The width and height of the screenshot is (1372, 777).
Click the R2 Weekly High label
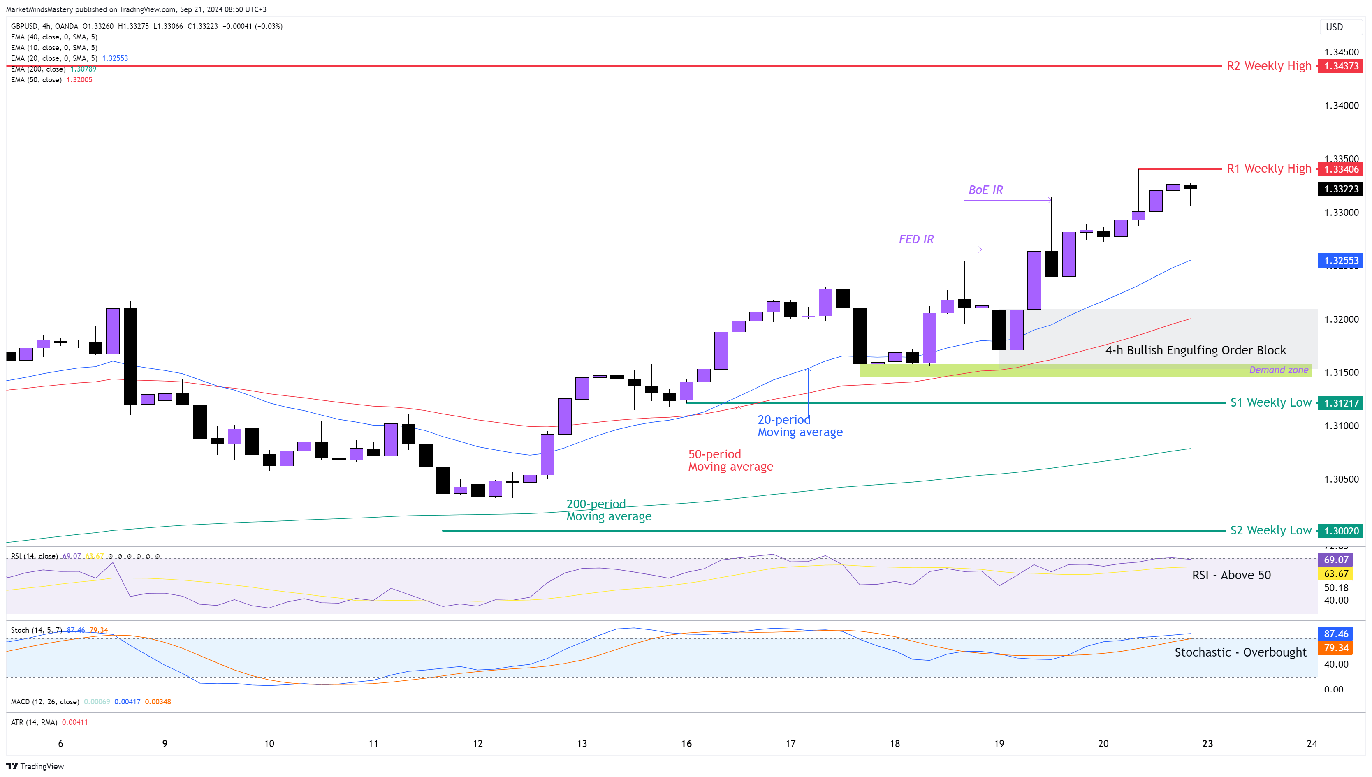1268,66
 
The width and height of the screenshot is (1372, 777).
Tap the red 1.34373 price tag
1340,66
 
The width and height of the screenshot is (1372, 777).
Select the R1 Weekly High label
1268,169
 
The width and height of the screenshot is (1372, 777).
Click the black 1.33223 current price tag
1340,189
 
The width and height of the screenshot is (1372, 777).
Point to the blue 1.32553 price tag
1340,260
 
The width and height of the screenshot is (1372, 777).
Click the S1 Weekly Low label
1270,402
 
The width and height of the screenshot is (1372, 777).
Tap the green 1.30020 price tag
1340,531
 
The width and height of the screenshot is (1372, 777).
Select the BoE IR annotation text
985,190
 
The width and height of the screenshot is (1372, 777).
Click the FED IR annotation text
916,239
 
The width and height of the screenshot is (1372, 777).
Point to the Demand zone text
1279,370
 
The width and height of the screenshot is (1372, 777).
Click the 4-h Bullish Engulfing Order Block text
1195,350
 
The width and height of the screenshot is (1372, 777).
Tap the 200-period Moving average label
609,510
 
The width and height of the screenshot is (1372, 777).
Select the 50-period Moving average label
730,460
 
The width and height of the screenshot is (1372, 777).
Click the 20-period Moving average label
800,426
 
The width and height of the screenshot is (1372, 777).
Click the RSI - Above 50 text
1231,575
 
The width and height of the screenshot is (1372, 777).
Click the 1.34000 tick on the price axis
1341,106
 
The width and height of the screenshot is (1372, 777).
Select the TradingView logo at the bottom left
35,766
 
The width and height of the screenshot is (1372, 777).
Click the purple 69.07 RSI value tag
1336,560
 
